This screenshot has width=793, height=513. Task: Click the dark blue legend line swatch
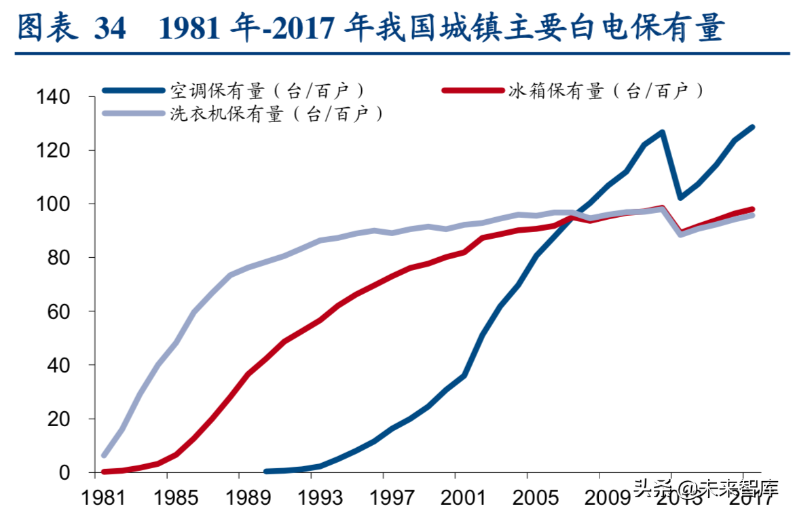[x=134, y=90]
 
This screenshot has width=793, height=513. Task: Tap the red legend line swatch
[x=473, y=90]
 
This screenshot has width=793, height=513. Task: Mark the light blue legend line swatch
[x=134, y=113]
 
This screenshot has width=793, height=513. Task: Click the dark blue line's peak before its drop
[x=662, y=132]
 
